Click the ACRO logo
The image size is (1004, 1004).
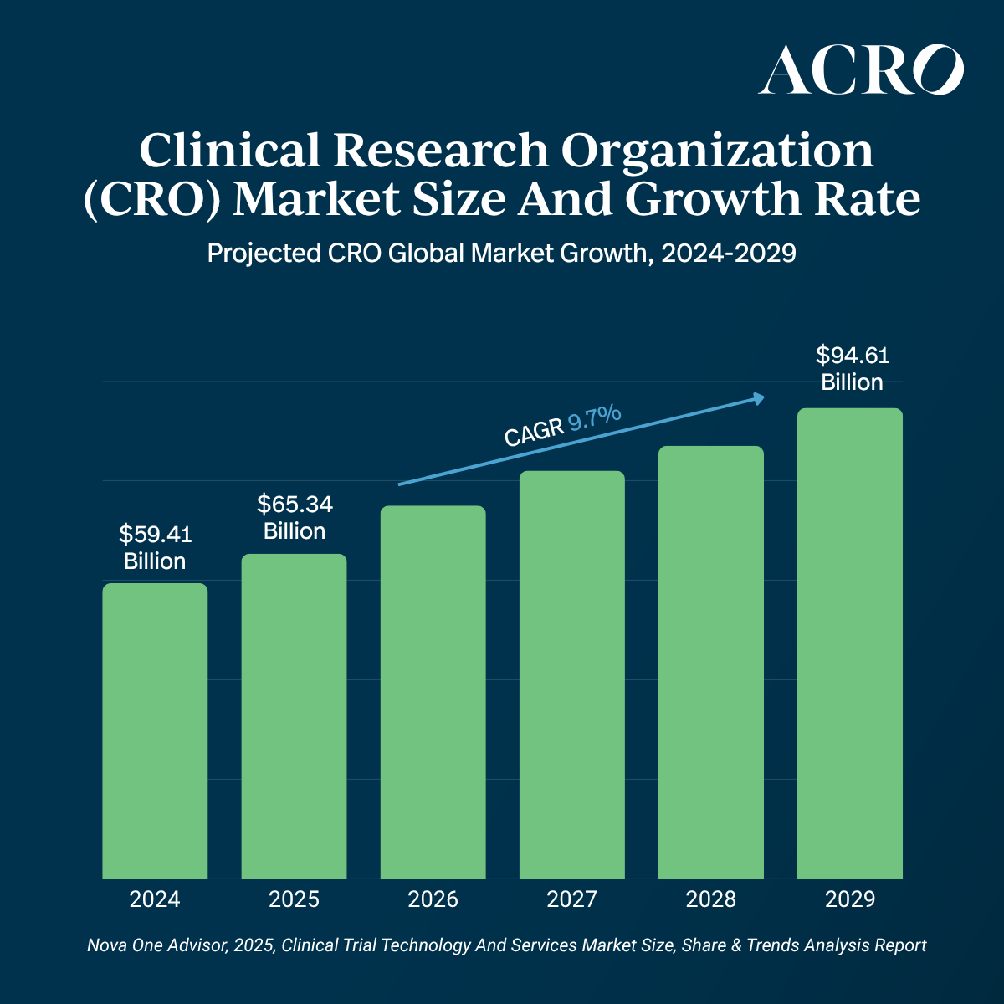point(861,70)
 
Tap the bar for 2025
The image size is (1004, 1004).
point(294,716)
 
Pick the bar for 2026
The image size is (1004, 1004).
point(433,692)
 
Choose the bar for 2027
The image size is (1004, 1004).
point(571,674)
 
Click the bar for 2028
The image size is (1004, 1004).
point(711,662)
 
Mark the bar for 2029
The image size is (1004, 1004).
point(849,643)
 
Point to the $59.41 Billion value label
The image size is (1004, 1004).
point(155,547)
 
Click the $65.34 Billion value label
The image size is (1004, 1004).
point(295,517)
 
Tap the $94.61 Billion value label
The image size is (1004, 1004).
point(852,369)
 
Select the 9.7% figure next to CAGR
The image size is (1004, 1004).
point(595,416)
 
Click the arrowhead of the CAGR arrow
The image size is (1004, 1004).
point(759,398)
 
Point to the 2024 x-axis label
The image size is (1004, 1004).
point(155,899)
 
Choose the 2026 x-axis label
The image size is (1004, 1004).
point(433,899)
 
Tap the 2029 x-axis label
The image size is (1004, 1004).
point(849,899)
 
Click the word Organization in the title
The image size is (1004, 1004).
point(717,151)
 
